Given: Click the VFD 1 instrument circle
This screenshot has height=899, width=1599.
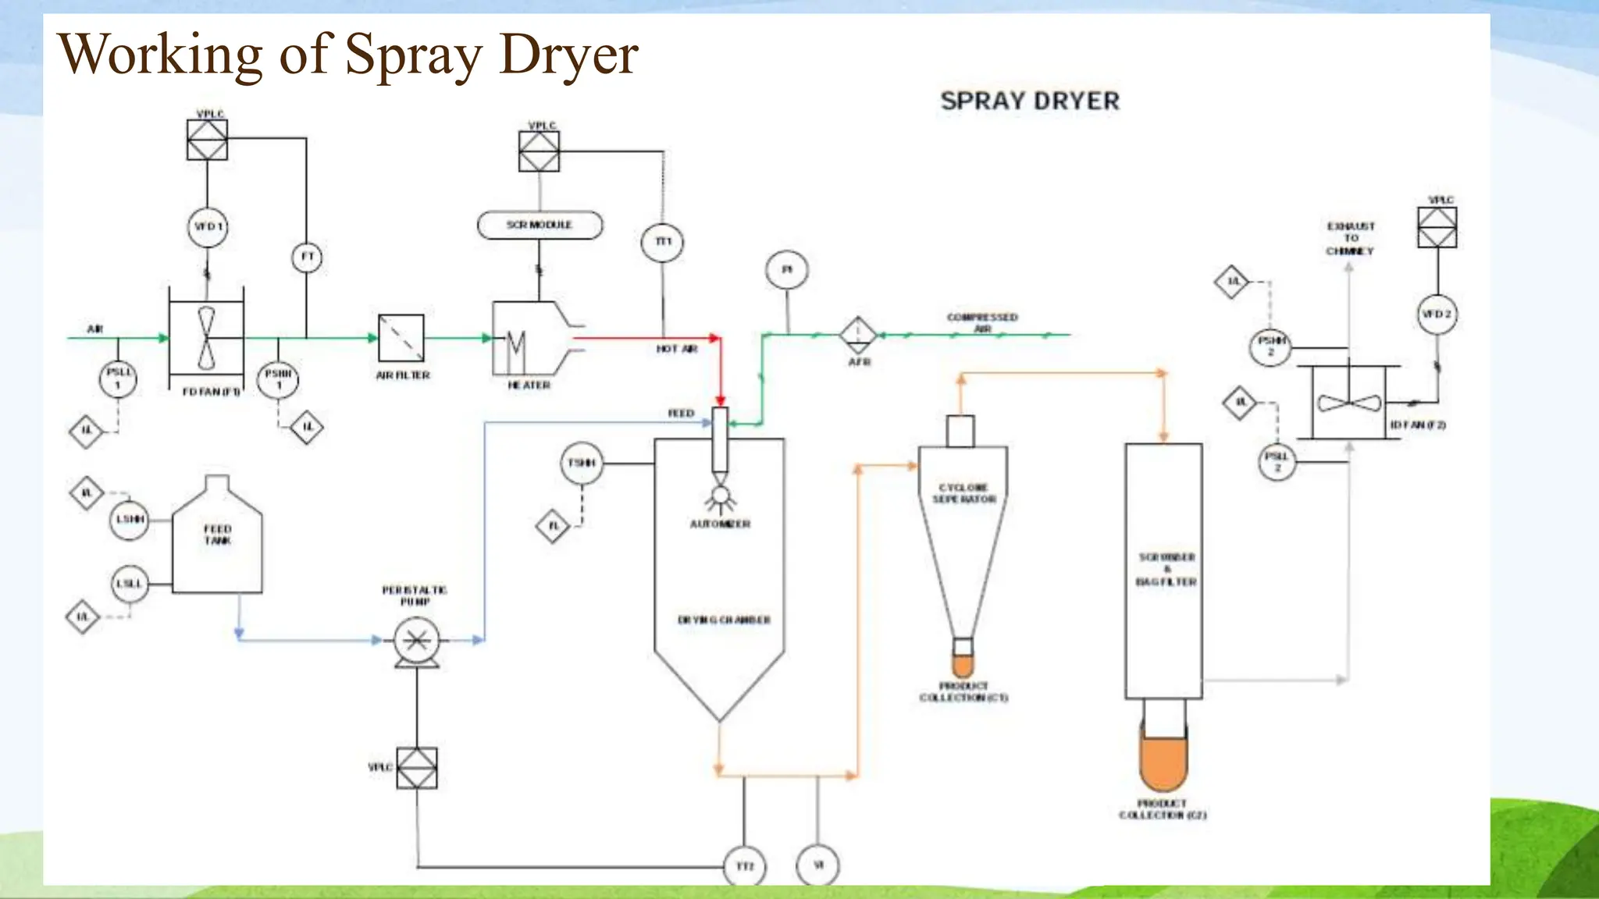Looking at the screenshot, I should click(x=208, y=227).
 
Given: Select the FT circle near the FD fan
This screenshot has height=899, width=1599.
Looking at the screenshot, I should click(x=307, y=257).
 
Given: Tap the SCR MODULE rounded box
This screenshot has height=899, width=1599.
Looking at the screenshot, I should click(x=540, y=225).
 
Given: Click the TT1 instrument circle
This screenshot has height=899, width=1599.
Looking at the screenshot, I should click(x=663, y=241).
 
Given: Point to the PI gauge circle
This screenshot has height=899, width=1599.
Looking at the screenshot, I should click(x=787, y=269).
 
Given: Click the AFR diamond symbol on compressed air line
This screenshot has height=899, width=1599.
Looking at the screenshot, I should click(x=859, y=335).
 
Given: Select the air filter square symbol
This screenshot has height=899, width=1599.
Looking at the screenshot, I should click(x=401, y=338).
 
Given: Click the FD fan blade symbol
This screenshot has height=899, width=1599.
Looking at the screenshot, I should click(x=206, y=338).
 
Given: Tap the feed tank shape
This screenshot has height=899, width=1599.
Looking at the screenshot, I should click(x=217, y=538).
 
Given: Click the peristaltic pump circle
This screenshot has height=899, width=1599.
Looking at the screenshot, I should click(x=416, y=640).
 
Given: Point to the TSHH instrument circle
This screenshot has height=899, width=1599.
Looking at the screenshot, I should click(x=582, y=463).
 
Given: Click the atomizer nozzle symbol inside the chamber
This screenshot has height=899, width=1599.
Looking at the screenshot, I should click(x=720, y=495).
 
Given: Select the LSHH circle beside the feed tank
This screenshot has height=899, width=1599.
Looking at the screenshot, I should click(x=130, y=519).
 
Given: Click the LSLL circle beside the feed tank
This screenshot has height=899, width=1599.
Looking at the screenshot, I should click(x=130, y=584).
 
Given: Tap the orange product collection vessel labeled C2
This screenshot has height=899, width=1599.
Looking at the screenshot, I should click(x=1163, y=761).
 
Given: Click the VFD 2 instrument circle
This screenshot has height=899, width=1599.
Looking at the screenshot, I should click(x=1437, y=314).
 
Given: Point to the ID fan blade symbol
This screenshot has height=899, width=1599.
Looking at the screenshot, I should click(x=1348, y=403).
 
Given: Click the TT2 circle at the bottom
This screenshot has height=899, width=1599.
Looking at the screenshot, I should click(x=745, y=866).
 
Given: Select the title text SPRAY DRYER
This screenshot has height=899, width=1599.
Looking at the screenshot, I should click(x=1030, y=101).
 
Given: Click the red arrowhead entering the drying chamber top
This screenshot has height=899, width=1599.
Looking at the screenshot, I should click(x=720, y=400).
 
